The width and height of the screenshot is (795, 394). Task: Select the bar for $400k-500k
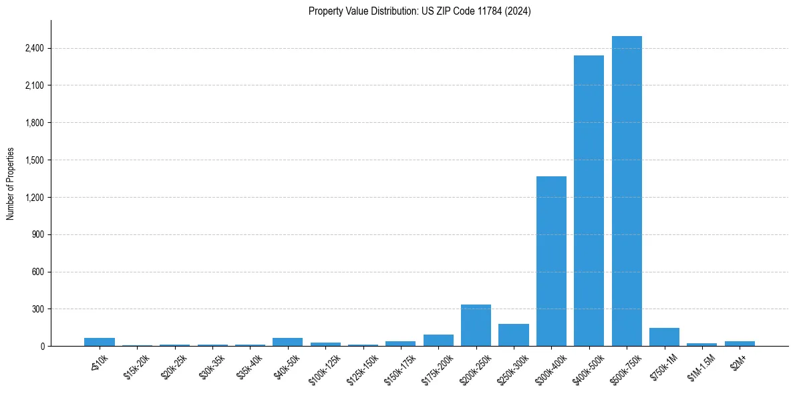point(589,200)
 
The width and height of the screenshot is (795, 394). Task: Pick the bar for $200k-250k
point(476,325)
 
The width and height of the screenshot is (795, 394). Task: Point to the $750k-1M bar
point(664,337)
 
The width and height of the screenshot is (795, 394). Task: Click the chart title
point(420,11)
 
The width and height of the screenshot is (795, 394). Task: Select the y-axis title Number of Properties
point(11,184)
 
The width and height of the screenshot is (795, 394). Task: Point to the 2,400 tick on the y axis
point(34,48)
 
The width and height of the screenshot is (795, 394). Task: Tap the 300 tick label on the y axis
point(37,309)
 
